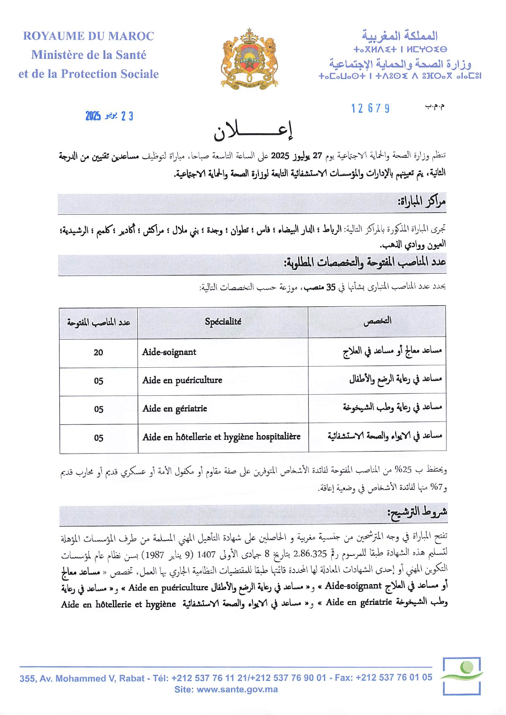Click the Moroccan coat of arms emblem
coord(249,59)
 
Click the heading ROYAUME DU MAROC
coord(88,36)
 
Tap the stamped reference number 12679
coord(370,109)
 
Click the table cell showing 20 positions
coord(98,353)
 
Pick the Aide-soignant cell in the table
coord(169,352)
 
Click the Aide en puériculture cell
coord(182,380)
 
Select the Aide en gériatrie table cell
coord(175,409)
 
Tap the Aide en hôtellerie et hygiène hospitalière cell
coord(221,437)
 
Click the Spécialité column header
coord(223,322)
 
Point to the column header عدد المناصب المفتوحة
coord(98,322)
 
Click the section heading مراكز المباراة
coord(421,202)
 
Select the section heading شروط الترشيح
coord(417,512)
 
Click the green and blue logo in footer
coord(461,675)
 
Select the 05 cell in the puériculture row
coord(98,381)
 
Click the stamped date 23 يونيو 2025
coord(109,116)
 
